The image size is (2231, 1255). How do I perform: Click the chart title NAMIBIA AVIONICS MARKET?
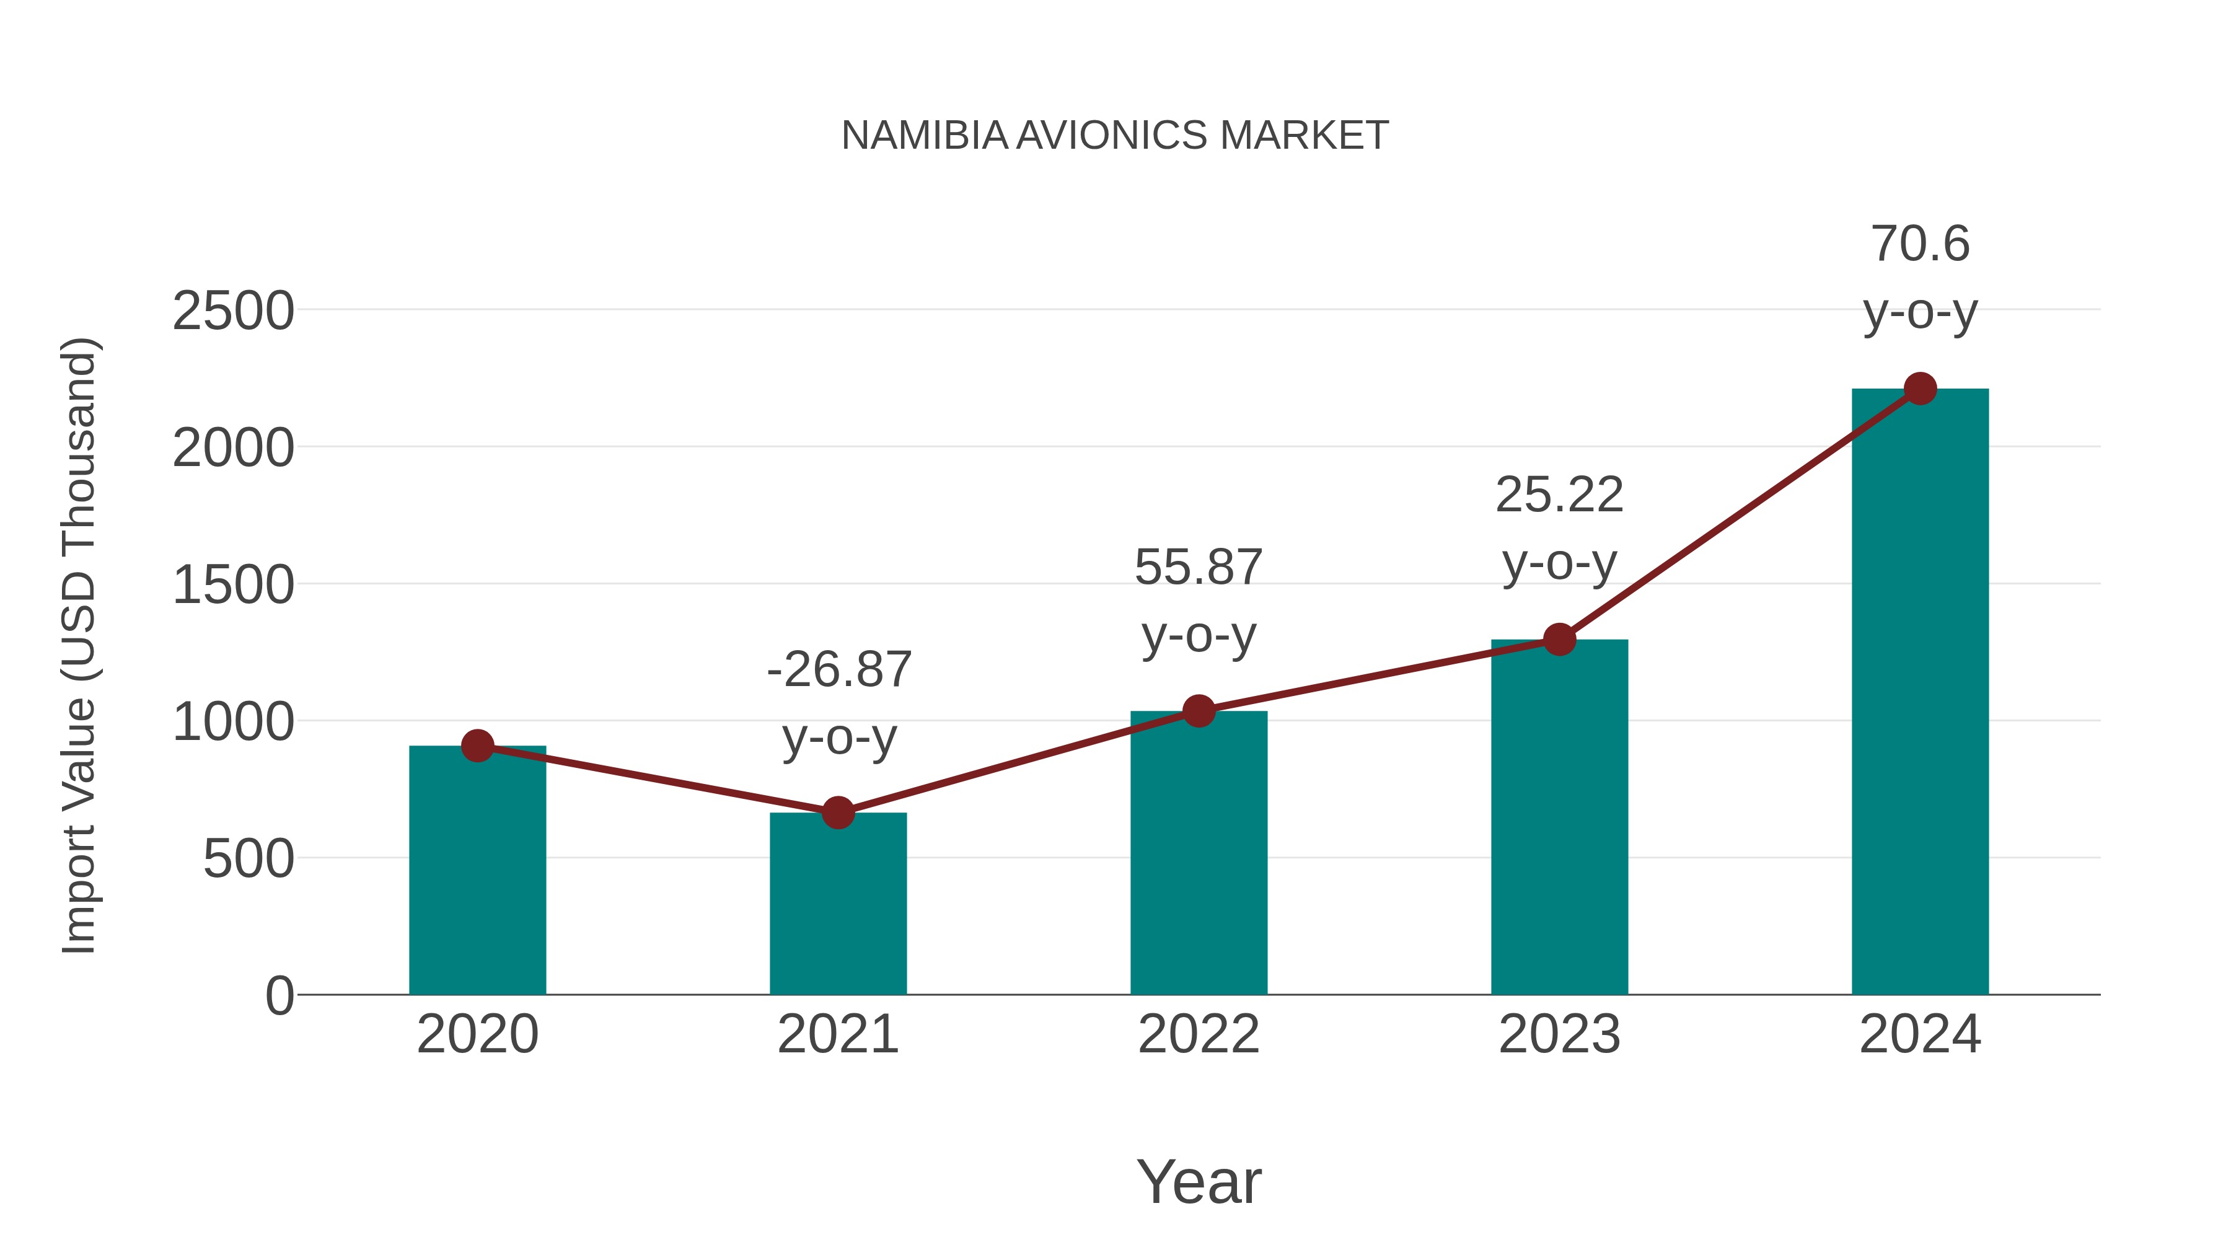click(1115, 136)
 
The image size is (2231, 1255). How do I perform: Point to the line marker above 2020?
click(477, 746)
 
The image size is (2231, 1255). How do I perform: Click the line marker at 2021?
click(837, 813)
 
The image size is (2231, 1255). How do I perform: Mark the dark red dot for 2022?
click(1199, 711)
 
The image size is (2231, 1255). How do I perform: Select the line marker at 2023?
click(1559, 640)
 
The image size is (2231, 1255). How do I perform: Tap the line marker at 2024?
click(1920, 389)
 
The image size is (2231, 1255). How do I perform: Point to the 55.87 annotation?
click(1199, 568)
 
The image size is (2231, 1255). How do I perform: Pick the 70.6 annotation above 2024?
click(1920, 244)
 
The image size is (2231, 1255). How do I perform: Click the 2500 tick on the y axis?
click(233, 311)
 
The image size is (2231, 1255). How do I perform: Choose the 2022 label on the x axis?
click(1199, 1034)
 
